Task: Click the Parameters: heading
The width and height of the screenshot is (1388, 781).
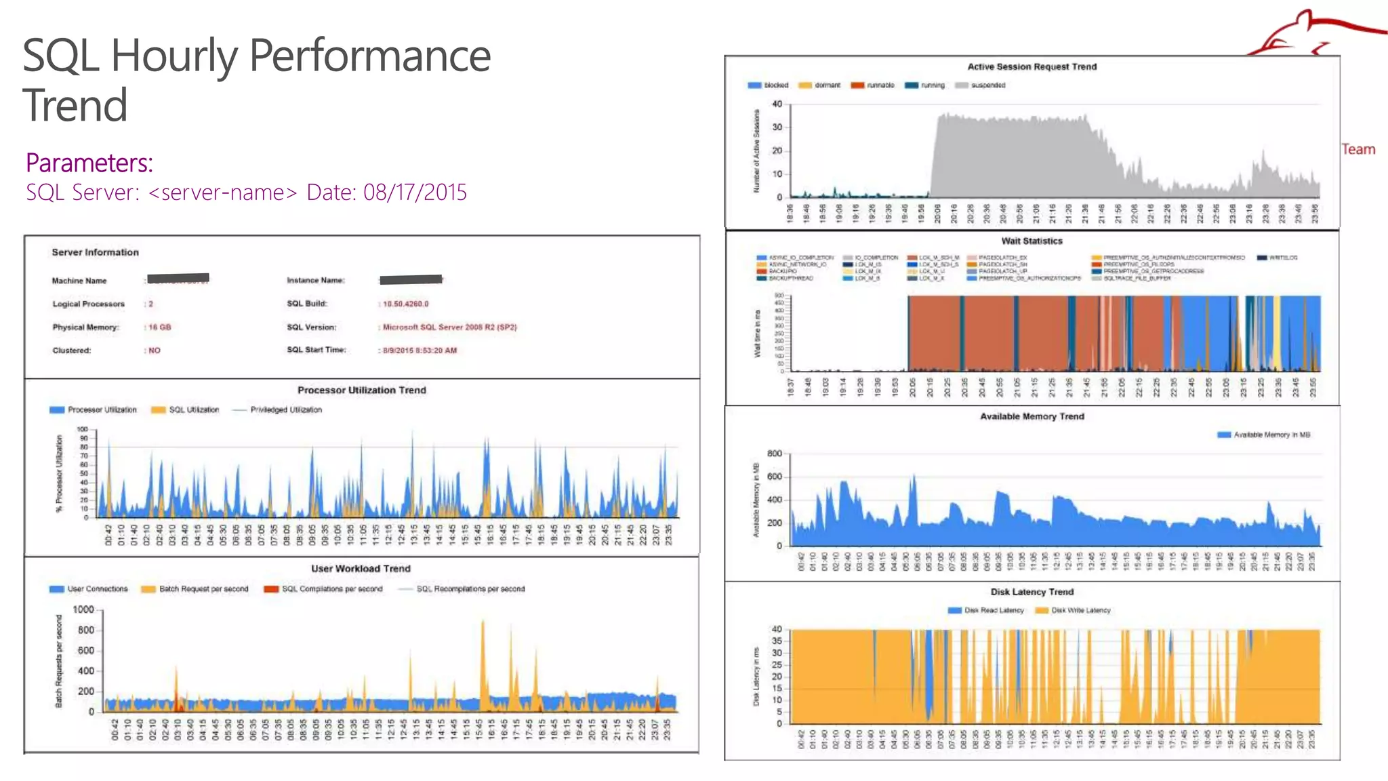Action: (89, 163)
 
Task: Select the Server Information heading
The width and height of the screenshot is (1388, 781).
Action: (95, 252)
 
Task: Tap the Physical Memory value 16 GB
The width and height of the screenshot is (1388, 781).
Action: (159, 327)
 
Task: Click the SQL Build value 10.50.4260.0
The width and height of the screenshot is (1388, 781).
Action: (405, 304)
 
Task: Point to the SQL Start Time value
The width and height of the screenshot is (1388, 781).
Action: (420, 351)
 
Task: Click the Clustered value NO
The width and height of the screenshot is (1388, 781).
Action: (154, 351)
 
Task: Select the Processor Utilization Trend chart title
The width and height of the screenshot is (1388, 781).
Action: (361, 390)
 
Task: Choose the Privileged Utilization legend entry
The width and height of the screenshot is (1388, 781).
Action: (285, 409)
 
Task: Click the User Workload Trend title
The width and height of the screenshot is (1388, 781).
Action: (361, 568)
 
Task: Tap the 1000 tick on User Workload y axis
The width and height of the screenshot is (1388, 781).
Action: (83, 609)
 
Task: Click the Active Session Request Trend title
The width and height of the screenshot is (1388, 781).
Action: (1032, 66)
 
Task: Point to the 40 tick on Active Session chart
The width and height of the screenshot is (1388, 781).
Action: (777, 104)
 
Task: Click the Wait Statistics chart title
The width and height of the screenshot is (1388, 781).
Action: (1032, 241)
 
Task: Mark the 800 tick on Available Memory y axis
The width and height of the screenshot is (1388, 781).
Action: (774, 454)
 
